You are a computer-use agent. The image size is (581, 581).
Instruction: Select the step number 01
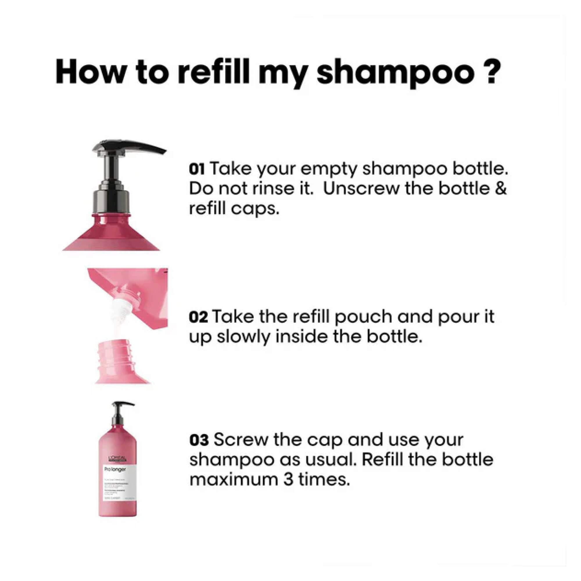(x=197, y=170)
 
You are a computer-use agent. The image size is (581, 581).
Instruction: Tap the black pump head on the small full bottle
(x=120, y=406)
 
